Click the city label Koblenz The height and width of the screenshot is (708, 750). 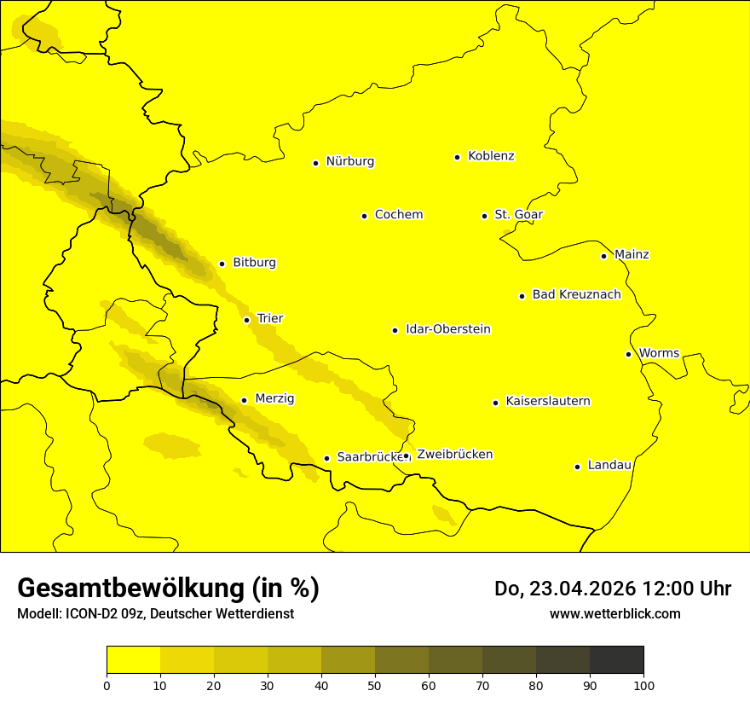(491, 156)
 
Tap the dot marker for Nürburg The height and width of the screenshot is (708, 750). (315, 163)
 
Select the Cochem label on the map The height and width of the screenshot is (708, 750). (399, 215)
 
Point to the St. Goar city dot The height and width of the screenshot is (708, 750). (484, 216)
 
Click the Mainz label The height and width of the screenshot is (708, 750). (632, 255)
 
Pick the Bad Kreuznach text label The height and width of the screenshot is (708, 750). (576, 295)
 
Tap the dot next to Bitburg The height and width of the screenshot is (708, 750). (222, 264)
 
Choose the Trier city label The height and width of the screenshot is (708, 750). (270, 319)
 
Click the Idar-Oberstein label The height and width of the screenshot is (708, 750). (448, 329)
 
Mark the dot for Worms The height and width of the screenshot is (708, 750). (628, 354)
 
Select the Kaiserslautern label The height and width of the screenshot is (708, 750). (548, 402)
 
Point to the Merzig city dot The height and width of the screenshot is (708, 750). (244, 400)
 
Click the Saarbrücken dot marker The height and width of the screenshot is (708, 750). (326, 458)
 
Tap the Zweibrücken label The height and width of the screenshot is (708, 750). (454, 455)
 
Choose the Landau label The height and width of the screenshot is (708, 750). (609, 466)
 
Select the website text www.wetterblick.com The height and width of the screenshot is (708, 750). (614, 614)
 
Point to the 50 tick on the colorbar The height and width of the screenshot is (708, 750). (375, 685)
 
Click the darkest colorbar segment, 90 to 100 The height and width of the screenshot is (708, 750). (616, 659)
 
